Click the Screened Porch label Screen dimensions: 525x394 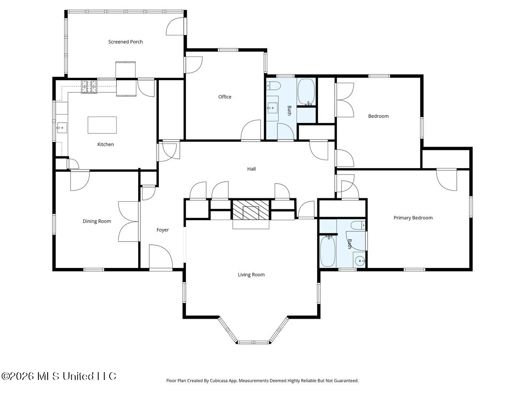pos(125,42)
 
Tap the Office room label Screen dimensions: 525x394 pos(224,97)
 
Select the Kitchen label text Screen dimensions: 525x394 pos(105,144)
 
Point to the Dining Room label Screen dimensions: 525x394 pos(97,221)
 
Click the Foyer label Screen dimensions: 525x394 pos(162,230)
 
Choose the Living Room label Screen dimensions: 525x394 pos(251,274)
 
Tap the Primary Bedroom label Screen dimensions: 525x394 pos(413,218)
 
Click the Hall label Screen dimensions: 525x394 pos(252,169)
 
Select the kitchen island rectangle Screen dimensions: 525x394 pos(102,125)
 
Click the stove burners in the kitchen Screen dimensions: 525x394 pos(89,87)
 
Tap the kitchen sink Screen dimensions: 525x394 pos(62,128)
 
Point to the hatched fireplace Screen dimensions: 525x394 pos(251,210)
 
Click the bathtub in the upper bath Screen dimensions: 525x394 pos(306,92)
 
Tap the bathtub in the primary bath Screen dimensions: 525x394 pos(327,251)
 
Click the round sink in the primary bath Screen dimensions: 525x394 pos(360,261)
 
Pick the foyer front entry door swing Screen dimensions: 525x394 pos(161,257)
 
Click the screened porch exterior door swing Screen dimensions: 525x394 pos(176,27)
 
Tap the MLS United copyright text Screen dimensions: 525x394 pos(59,376)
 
